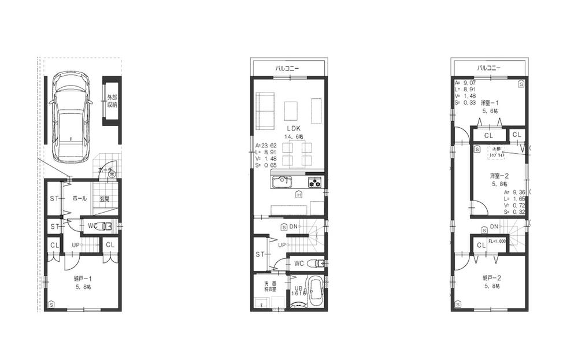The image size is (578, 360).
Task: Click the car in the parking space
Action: pos(71,117)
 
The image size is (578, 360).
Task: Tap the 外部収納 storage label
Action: pos(112,101)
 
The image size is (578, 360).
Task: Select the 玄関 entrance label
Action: pos(104,199)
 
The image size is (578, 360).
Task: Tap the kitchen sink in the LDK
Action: pos(282,182)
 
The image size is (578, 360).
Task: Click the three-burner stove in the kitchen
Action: pos(315,182)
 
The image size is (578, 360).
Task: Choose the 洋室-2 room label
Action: pos(499,175)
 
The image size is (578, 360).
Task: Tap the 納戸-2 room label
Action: pos(492,278)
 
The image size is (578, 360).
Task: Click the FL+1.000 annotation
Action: pos(497,242)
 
